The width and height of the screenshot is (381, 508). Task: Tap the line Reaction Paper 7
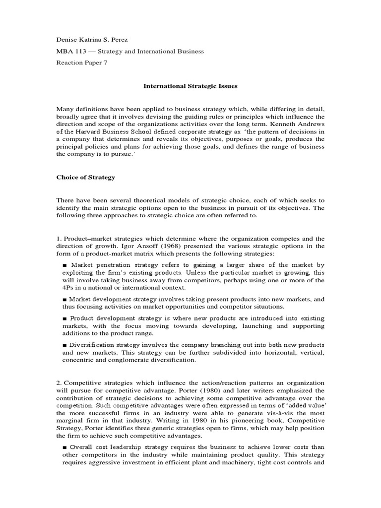[81, 63]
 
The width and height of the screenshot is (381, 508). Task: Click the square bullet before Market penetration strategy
[65, 265]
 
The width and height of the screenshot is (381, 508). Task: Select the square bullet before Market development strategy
[65, 300]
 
